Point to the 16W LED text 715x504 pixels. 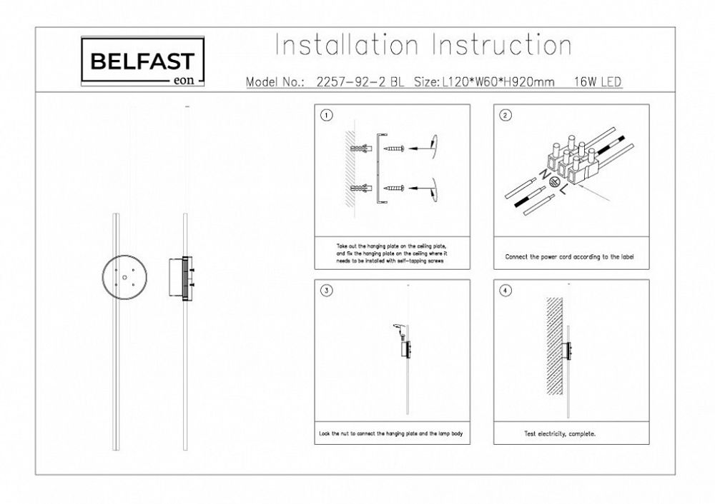598,82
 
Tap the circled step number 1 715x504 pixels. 326,116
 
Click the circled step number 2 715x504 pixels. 505,116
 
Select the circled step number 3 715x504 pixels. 326,291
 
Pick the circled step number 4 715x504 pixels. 505,291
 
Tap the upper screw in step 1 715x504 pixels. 395,148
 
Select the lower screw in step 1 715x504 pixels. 395,188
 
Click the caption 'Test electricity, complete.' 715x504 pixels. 561,433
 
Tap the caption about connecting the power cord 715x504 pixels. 569,256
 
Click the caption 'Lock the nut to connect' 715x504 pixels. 392,433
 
